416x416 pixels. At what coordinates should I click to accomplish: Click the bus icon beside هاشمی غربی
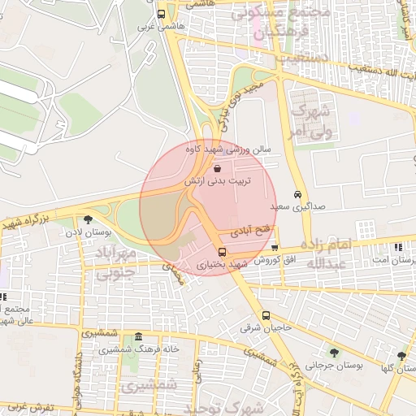tap(162, 14)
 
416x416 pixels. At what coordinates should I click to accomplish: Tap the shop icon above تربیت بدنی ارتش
tap(217, 168)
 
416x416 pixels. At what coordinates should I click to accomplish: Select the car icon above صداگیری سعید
tap(298, 194)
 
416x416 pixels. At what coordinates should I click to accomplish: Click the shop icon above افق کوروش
tap(275, 249)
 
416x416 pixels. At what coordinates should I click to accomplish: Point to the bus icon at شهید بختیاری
tap(223, 251)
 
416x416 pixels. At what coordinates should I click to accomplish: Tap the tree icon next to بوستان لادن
tap(88, 219)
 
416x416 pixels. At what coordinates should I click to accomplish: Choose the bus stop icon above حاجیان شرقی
tap(266, 315)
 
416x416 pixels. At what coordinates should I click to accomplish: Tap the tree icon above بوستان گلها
tap(401, 355)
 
